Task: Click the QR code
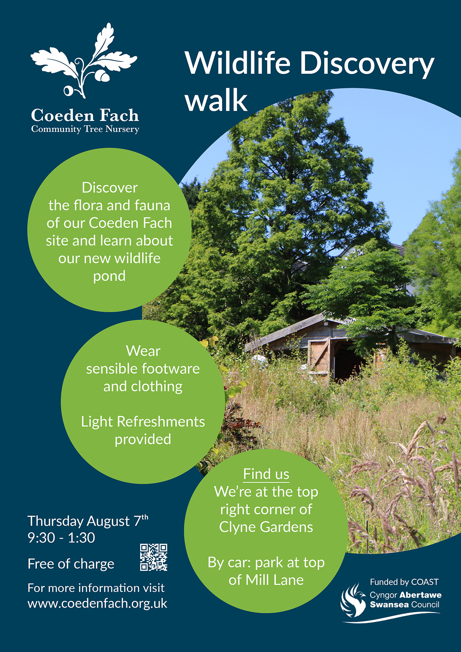(x=154, y=557)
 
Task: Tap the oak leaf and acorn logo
(x=84, y=61)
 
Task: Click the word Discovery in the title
(x=367, y=64)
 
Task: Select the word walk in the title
(x=216, y=100)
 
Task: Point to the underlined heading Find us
(x=266, y=474)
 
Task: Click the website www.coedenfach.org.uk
(x=97, y=603)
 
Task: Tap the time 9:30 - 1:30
(x=61, y=538)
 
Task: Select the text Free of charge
(x=71, y=564)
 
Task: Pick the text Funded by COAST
(x=404, y=582)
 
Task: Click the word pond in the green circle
(x=109, y=277)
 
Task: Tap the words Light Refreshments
(x=143, y=422)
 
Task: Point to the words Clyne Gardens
(x=266, y=527)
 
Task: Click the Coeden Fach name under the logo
(x=85, y=116)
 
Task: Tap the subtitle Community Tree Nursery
(x=85, y=129)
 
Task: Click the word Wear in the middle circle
(x=143, y=351)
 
